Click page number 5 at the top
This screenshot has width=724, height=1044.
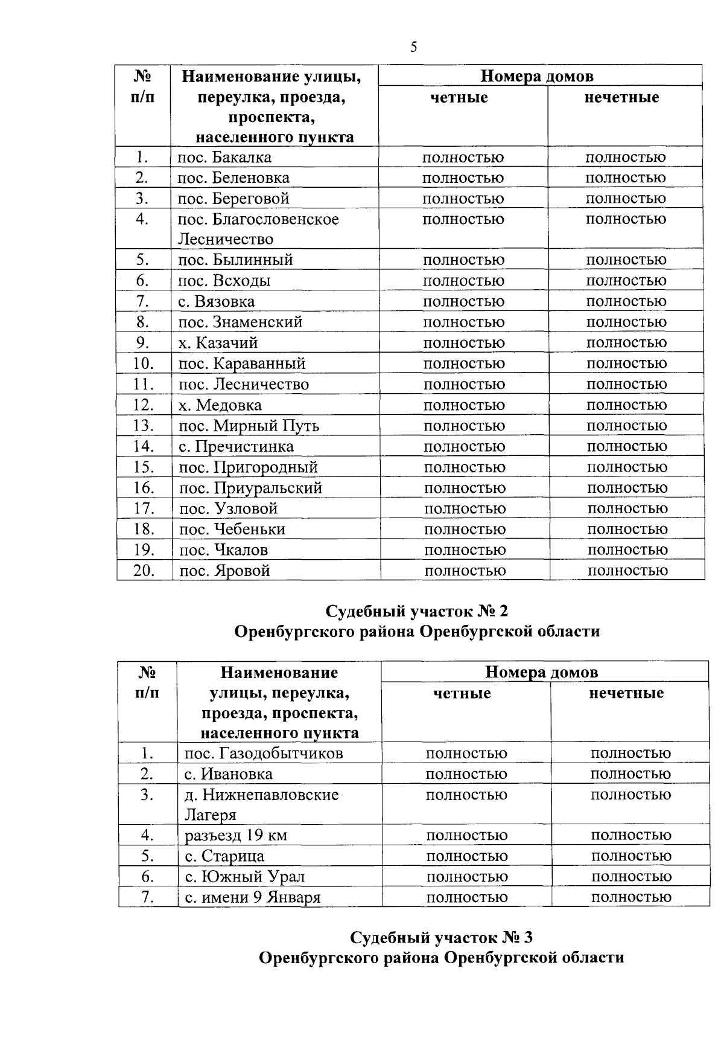pos(413,48)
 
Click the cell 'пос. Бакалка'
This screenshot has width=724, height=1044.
pos(224,158)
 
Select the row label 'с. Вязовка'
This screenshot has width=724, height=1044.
pos(216,301)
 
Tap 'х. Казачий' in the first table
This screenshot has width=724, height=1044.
pos(218,343)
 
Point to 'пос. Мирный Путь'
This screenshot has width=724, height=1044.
pos(249,426)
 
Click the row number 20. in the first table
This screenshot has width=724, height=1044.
pos(144,571)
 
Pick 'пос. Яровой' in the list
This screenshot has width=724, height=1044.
pos(224,571)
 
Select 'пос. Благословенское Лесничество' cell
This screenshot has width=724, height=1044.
pos(258,229)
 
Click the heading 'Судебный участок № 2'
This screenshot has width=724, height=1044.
pos(417,611)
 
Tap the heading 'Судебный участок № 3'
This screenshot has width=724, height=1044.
pos(442,938)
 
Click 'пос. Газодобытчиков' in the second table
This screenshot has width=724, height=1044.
pos(264,754)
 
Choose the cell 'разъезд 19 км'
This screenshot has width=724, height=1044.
pos(236,836)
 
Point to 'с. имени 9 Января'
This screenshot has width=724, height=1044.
pos(252,897)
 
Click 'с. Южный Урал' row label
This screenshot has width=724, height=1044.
pos(244,877)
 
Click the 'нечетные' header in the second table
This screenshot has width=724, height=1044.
pos(626,693)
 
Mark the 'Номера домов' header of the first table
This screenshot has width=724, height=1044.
pos(537,76)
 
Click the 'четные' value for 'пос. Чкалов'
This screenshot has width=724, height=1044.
pos(465,550)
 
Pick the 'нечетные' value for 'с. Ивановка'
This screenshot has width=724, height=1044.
pos(630,774)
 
